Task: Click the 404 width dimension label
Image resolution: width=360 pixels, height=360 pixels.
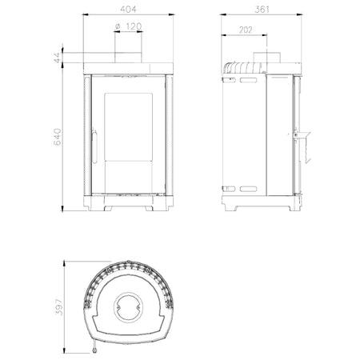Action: (x=128, y=10)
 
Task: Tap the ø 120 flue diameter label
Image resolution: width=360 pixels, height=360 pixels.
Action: (x=128, y=26)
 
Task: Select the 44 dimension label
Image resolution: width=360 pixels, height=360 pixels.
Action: (x=58, y=58)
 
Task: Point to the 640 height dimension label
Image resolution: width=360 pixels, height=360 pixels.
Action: (x=58, y=137)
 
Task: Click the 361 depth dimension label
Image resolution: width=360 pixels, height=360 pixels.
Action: (x=262, y=10)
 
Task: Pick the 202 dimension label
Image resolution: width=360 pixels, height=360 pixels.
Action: (x=246, y=30)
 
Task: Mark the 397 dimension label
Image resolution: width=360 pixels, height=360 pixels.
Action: (x=59, y=307)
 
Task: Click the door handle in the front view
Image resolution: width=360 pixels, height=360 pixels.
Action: (x=94, y=146)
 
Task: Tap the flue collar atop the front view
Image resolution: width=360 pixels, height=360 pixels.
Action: (x=128, y=58)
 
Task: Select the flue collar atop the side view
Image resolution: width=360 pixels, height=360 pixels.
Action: (x=266, y=58)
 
